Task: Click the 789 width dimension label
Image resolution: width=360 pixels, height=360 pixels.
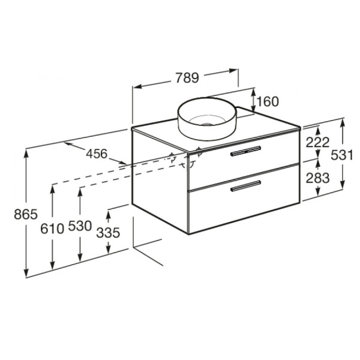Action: [187, 77]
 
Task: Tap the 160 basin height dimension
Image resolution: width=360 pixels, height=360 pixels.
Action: [268, 101]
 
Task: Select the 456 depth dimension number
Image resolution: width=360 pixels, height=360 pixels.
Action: [97, 154]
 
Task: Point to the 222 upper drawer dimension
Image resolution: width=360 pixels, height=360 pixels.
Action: [317, 143]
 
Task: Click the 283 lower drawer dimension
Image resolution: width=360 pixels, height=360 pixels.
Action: [317, 178]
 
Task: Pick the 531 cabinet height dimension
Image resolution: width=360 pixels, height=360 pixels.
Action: [341, 155]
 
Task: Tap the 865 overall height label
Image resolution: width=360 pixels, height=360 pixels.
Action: [26, 214]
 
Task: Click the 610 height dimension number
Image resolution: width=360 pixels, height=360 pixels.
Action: [52, 229]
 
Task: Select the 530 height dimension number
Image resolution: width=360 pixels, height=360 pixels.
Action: [80, 226]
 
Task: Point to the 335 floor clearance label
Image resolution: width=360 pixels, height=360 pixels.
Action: [108, 233]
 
